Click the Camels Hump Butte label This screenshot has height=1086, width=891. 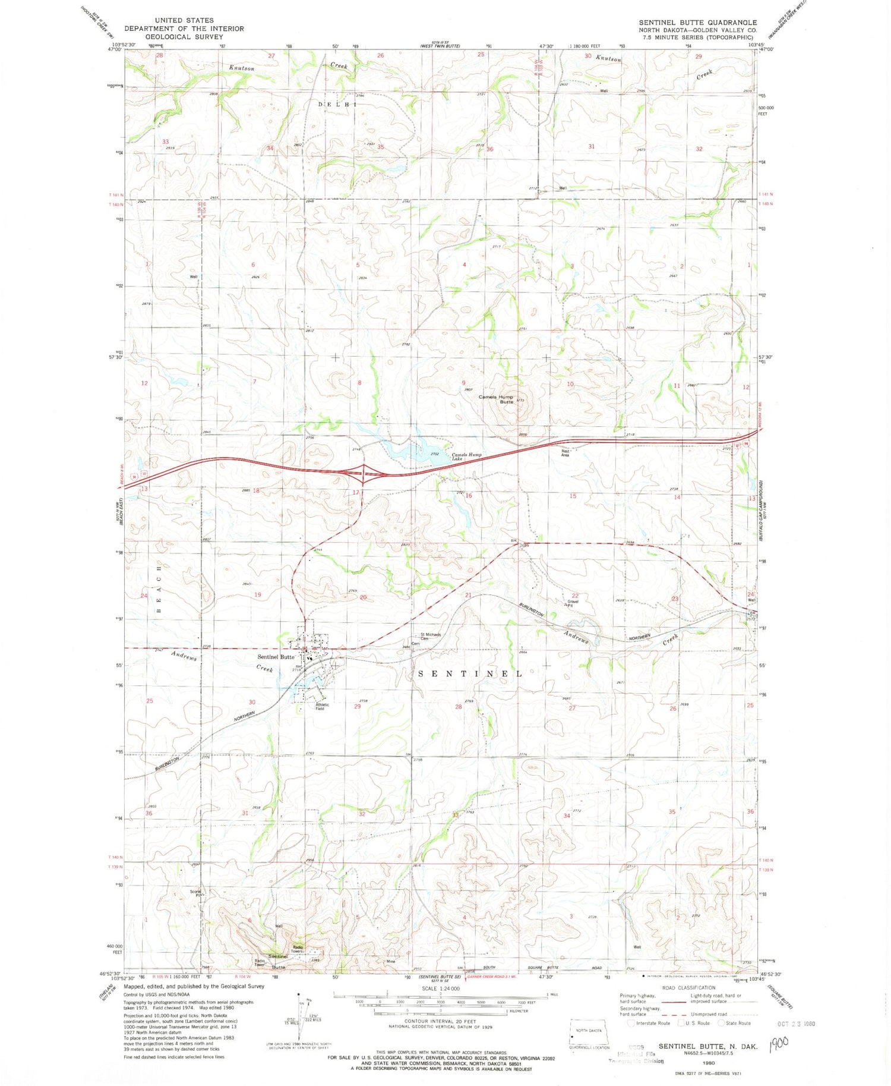pos(497,399)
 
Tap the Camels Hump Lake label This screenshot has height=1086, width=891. pos(466,457)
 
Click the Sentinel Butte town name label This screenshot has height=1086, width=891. pos(276,657)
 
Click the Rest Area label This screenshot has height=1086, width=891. pos(565,452)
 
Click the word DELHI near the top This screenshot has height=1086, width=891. pos(337,105)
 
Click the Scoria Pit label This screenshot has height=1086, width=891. pos(197,892)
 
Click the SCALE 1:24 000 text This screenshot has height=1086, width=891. pos(440,988)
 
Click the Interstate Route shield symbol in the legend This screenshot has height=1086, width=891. pos(631,1023)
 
